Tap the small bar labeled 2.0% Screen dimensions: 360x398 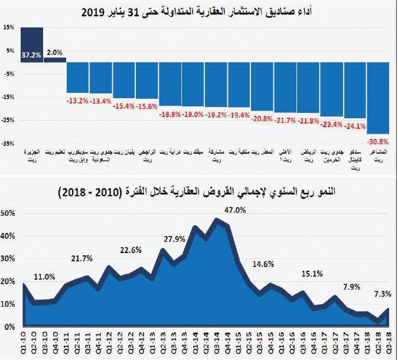54,60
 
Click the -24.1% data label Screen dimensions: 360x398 355,126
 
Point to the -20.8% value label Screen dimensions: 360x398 262,118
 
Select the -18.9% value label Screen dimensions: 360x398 170,114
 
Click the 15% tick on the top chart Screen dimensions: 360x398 9,28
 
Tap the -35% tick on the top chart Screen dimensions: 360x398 8,144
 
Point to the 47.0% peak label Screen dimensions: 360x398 234,210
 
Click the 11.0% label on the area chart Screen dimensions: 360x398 44,276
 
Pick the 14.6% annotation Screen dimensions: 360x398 263,264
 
